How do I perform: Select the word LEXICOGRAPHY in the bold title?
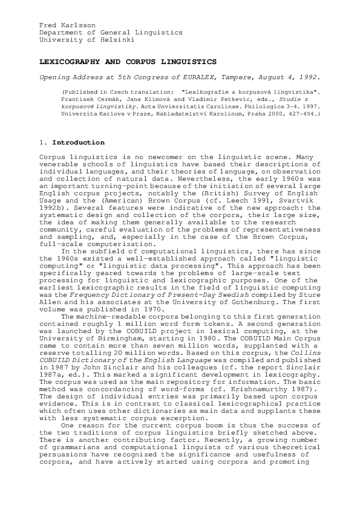point(67,62)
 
